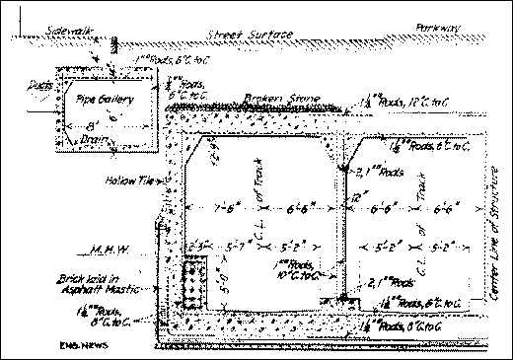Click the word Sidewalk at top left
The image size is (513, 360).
(68, 33)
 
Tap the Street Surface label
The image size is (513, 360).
(251, 36)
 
